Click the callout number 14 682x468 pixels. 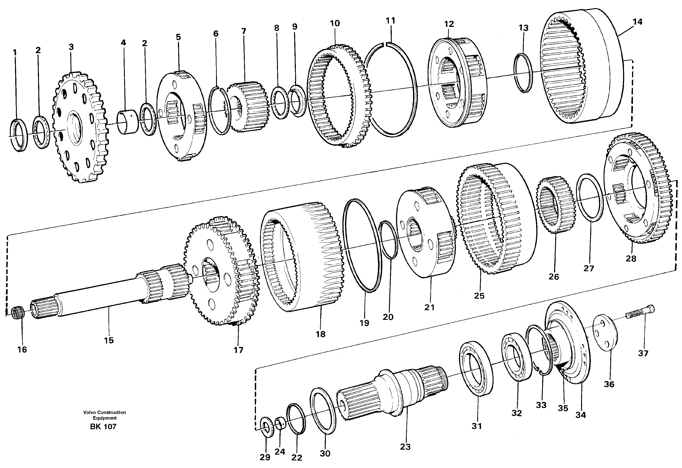click(x=637, y=22)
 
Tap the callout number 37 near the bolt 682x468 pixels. click(x=643, y=353)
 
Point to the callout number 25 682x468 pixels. click(x=479, y=296)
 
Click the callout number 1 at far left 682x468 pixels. click(x=15, y=53)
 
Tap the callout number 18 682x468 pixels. click(x=320, y=334)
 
